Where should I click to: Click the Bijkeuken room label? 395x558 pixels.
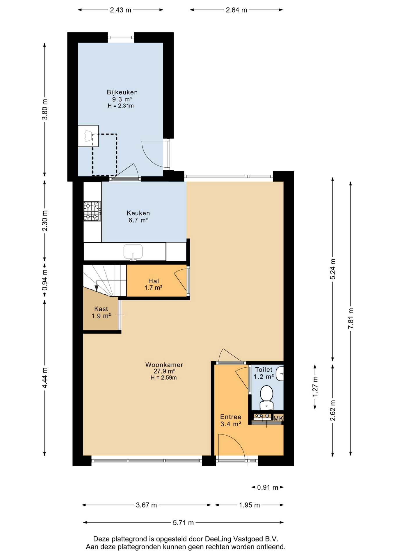pyautogui.click(x=122, y=92)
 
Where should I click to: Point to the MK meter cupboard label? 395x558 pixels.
pyautogui.click(x=278, y=418)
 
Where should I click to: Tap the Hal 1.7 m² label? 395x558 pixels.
pyautogui.click(x=153, y=284)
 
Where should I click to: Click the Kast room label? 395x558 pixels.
pyautogui.click(x=101, y=309)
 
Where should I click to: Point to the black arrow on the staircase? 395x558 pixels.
pyautogui.click(x=97, y=288)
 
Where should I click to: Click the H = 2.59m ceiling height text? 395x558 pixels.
pyautogui.click(x=163, y=378)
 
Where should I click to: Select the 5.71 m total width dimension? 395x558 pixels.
pyautogui.click(x=183, y=523)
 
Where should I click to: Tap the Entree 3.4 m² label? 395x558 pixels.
pyautogui.click(x=231, y=421)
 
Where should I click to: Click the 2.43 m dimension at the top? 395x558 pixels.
pyautogui.click(x=120, y=10)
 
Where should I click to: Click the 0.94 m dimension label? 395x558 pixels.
pyautogui.click(x=45, y=280)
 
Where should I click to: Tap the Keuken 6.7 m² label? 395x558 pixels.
pyautogui.click(x=138, y=217)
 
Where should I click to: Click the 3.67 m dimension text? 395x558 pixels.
pyautogui.click(x=146, y=505)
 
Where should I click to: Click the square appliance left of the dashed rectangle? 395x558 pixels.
pyautogui.click(x=88, y=136)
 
